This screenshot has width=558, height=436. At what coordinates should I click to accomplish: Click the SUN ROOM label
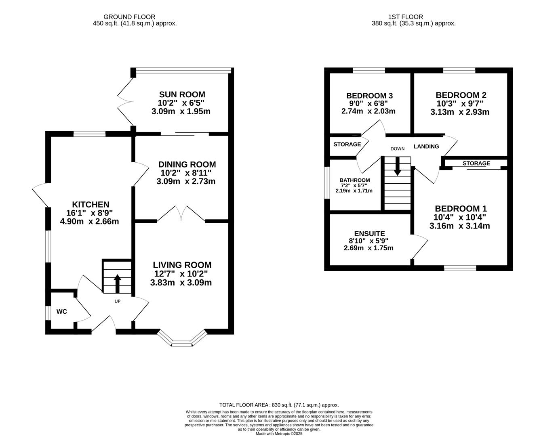182,94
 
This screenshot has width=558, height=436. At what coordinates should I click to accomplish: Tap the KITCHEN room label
91,204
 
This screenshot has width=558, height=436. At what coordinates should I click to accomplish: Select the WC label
62,312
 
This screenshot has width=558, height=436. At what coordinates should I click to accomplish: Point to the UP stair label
117,301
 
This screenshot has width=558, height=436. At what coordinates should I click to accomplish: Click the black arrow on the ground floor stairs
117,284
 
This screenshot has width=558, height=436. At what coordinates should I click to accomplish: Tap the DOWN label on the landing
398,149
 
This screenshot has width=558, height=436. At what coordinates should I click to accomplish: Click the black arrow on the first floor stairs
398,166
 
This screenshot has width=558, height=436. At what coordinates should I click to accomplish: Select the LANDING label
426,147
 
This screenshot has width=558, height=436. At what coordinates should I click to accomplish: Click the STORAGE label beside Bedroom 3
347,145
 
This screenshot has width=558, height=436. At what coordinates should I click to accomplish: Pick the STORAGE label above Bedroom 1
476,163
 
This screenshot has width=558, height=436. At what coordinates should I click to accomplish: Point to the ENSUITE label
370,234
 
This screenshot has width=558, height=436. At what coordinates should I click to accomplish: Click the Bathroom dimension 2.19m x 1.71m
354,191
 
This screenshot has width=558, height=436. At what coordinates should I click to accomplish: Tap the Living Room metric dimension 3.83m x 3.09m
181,283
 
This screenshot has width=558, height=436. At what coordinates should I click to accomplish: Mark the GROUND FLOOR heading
129,17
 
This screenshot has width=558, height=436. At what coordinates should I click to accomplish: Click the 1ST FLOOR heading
405,17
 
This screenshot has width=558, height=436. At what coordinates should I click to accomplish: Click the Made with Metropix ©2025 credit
279,434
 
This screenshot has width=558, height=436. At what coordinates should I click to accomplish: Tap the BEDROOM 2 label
461,95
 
